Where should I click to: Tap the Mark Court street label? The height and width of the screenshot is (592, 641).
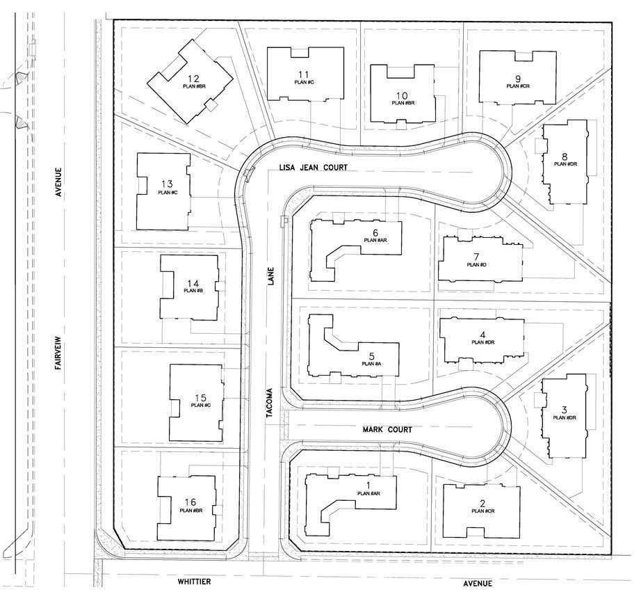[x=387, y=430]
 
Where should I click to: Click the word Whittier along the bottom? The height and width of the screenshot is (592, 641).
[x=194, y=581]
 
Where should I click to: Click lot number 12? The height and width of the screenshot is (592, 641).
[x=194, y=78]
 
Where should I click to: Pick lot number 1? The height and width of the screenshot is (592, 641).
[x=368, y=485]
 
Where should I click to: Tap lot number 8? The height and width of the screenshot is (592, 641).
[x=565, y=156]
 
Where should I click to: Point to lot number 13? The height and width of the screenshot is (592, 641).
[x=167, y=184]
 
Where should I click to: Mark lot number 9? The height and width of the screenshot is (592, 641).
[x=517, y=78]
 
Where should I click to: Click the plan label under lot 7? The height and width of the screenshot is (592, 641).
[x=476, y=264]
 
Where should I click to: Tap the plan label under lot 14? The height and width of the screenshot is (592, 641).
[x=193, y=290]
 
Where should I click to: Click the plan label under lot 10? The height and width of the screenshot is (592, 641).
[x=403, y=103]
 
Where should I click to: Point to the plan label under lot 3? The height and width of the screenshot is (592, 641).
[x=565, y=417]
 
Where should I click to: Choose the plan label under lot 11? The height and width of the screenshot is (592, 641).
[x=305, y=82]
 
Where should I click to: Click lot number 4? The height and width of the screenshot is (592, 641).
[x=482, y=334]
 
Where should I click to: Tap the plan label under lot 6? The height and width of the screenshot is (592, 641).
[x=375, y=240]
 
